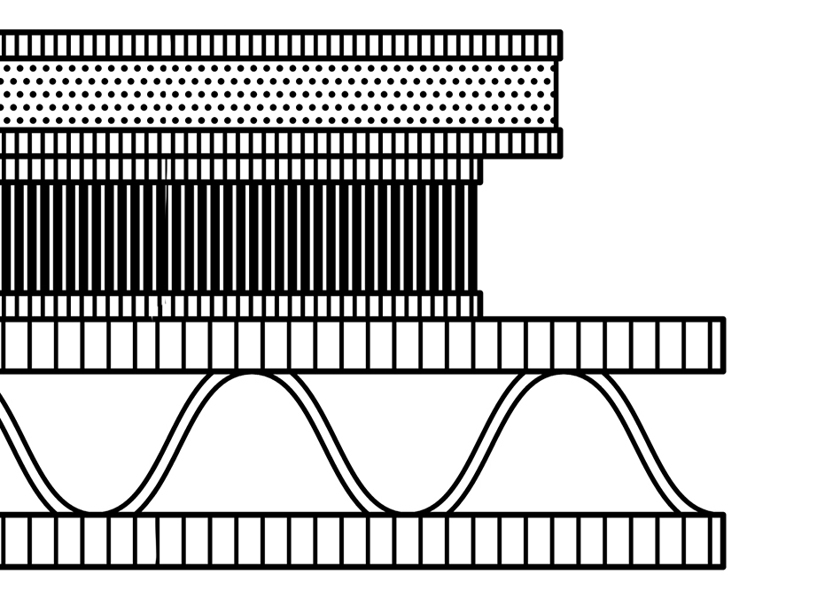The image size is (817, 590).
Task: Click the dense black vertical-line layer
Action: (239, 237)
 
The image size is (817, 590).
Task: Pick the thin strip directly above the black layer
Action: (239, 169)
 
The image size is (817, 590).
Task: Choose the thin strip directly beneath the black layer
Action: (239, 306)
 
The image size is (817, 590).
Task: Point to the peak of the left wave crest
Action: (252, 377)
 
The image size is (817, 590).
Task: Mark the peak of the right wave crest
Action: (564, 377)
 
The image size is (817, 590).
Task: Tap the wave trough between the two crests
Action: (408, 509)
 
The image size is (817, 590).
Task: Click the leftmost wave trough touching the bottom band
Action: (97, 509)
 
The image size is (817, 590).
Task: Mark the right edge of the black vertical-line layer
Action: (477, 237)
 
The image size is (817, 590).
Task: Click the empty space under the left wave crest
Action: (252, 452)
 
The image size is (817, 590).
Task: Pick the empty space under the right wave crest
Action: (564, 452)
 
